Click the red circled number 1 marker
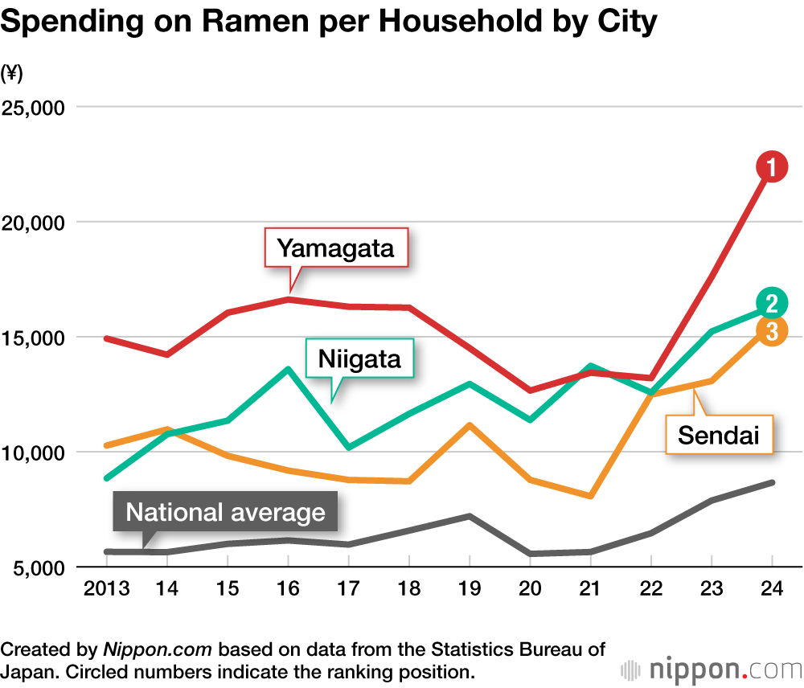pos(770,167)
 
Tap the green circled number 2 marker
pos(771,303)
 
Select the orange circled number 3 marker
pos(771,331)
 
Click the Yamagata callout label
pos(336,248)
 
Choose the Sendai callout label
pos(719,435)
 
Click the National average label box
pos(226,513)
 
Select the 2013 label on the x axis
pos(107,589)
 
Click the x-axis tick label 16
pos(289,589)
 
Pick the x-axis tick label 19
pos(470,589)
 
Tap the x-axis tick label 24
pos(772,589)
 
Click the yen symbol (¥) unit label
pos(13,73)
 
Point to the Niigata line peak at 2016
pos(289,369)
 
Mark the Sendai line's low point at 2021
pos(591,496)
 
